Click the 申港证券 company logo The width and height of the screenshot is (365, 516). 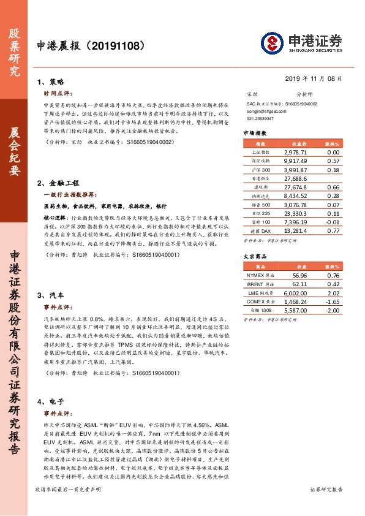[x=301, y=43]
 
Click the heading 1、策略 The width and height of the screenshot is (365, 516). [x=51, y=82]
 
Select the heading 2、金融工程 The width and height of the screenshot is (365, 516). [x=59, y=182]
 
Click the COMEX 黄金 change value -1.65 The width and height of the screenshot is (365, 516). [x=333, y=302]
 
